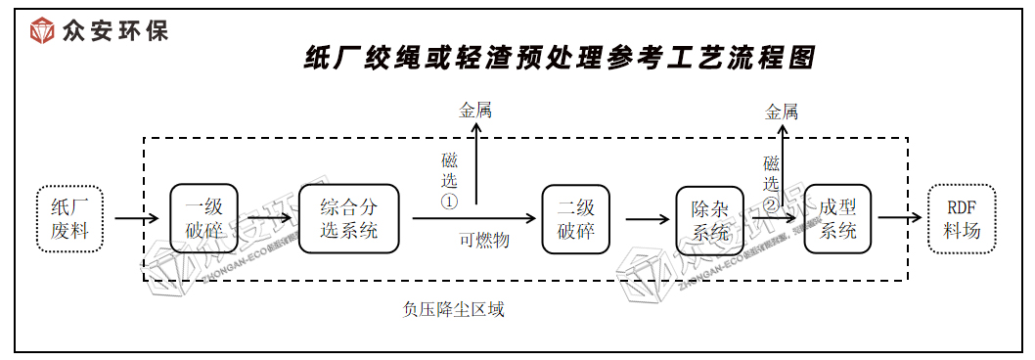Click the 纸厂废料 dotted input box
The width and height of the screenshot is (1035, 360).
point(69,218)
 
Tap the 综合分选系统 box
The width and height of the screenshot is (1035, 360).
point(349,218)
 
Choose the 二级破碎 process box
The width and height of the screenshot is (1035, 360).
point(575,218)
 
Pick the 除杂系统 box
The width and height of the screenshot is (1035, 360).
point(710,219)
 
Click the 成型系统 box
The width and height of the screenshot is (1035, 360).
point(837,219)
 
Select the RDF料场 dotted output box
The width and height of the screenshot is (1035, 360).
point(962,219)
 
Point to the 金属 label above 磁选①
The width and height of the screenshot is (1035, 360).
point(475,111)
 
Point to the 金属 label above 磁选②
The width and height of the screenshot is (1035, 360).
point(782,112)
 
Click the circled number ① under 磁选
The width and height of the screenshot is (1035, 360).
point(449,202)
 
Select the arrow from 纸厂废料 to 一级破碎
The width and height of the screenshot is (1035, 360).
point(135,218)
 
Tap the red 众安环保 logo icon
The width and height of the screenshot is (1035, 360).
point(43,30)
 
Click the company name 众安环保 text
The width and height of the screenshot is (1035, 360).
point(114,30)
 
